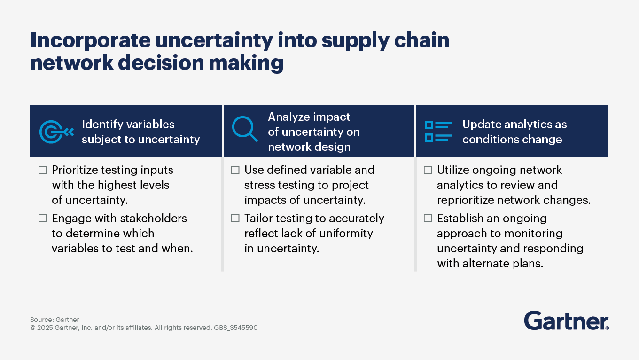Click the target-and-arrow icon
tap(56, 132)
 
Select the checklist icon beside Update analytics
tap(438, 131)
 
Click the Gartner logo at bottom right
tap(566, 321)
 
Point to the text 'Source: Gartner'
tap(55, 320)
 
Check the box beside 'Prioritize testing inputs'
tap(43, 170)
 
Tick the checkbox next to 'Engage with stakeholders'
tap(43, 219)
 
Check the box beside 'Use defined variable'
tap(235, 170)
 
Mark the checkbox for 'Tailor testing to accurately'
tap(235, 219)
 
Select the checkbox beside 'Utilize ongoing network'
tap(428, 170)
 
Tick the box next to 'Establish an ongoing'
tap(428, 219)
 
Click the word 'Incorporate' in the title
tap(89, 41)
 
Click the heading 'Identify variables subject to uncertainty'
tap(140, 132)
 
